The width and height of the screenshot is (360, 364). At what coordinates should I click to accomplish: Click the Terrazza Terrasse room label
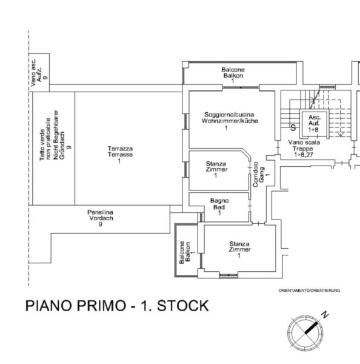[x=120, y=152]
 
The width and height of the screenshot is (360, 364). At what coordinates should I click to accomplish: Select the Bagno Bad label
[x=219, y=204]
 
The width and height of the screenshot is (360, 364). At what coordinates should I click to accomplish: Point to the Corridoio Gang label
[x=258, y=174]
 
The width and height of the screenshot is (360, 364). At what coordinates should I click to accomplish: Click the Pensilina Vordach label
[x=101, y=215]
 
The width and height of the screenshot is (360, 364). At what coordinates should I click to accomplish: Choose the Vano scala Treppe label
[x=304, y=146]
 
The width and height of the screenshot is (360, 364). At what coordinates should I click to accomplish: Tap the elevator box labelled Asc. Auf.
[x=314, y=124]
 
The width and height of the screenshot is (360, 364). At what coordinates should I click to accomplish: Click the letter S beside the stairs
[x=293, y=127]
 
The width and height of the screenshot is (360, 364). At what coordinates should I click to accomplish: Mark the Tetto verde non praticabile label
[x=45, y=139]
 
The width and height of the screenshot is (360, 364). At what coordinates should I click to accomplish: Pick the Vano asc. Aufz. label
[x=36, y=72]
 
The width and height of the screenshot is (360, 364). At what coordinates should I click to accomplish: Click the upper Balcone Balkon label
[x=233, y=72]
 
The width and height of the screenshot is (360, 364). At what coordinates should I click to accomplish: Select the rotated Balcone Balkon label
[x=185, y=252]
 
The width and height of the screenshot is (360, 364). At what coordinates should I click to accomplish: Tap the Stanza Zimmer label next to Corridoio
[x=216, y=166]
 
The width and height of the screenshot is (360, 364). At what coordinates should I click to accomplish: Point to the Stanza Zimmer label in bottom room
[x=239, y=247]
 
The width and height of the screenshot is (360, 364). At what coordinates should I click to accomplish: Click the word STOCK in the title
[x=183, y=306]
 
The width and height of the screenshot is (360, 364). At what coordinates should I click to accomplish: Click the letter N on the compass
[x=325, y=315]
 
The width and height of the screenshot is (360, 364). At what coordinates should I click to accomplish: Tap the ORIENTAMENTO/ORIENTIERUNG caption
[x=310, y=291]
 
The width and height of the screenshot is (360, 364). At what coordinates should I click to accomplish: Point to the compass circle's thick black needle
[x=311, y=328]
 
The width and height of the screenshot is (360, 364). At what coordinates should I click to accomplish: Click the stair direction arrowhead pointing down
[x=341, y=134]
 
